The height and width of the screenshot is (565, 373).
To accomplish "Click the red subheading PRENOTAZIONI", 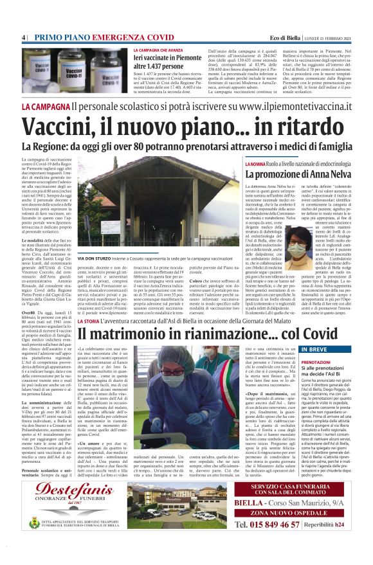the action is pyautogui.click(x=316, y=363).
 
